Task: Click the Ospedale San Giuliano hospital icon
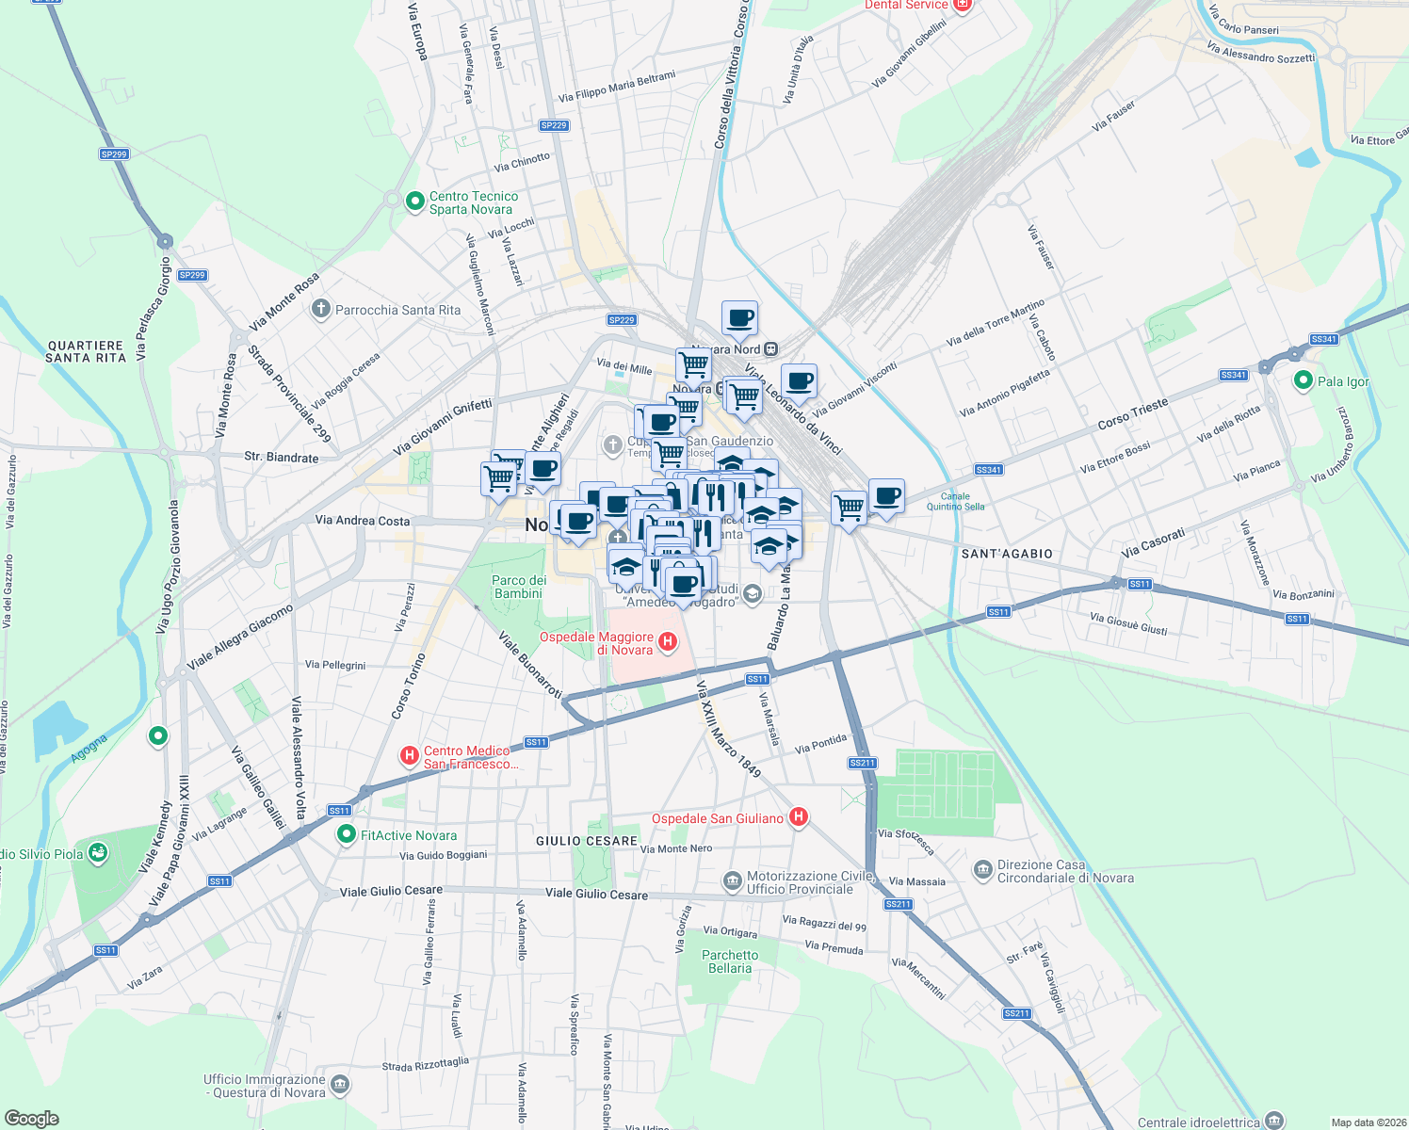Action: tap(798, 817)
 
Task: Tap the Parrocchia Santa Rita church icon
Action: tap(321, 309)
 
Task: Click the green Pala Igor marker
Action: tap(1304, 381)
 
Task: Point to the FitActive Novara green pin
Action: tap(347, 834)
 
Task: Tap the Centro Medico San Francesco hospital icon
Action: tap(410, 755)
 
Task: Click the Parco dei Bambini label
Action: tap(519, 587)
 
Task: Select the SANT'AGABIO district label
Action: tap(1007, 554)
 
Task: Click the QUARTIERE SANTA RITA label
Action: tap(86, 351)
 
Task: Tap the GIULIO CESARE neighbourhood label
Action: tap(587, 841)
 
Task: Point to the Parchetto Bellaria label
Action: tap(730, 961)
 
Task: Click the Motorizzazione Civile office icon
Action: tap(732, 881)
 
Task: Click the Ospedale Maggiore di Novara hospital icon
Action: tap(668, 642)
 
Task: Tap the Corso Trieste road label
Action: tap(1132, 413)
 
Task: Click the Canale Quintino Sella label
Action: tap(955, 501)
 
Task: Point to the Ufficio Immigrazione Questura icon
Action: tap(340, 1085)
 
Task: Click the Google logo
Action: tap(31, 1118)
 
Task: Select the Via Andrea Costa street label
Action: tap(363, 520)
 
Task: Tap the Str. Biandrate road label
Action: tap(281, 457)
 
